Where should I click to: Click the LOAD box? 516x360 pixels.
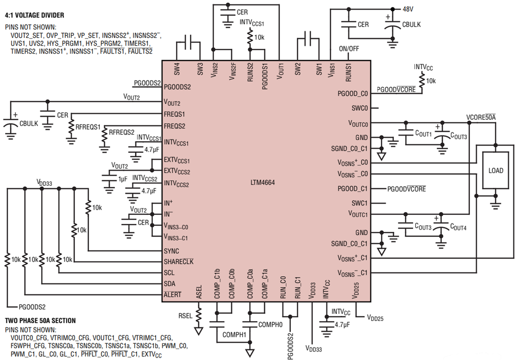point(496,170)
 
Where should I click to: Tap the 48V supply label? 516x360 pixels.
point(408,9)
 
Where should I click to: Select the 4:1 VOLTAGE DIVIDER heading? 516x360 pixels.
point(34,15)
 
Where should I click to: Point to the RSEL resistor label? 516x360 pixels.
point(185,315)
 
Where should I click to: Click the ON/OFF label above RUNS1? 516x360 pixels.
point(348,49)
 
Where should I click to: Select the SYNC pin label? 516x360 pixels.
point(171,251)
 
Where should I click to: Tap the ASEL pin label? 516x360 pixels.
point(198,291)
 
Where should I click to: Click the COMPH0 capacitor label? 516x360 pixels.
point(271,324)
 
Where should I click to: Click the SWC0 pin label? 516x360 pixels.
point(359,108)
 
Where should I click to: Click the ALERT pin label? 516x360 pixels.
point(172,295)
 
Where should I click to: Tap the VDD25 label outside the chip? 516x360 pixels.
point(375,318)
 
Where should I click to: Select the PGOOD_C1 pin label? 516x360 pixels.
point(353,189)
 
